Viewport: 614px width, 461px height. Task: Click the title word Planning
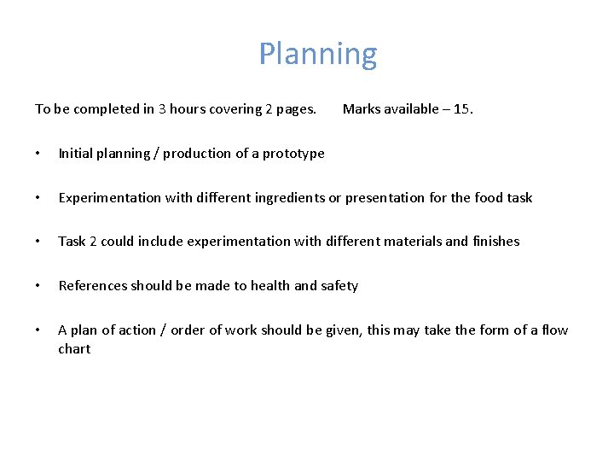point(317,55)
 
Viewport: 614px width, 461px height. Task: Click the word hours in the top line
point(190,109)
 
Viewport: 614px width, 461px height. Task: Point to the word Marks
point(361,109)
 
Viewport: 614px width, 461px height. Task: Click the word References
point(93,286)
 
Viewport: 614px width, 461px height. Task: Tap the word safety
point(338,286)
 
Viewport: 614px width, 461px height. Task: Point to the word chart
point(74,349)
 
